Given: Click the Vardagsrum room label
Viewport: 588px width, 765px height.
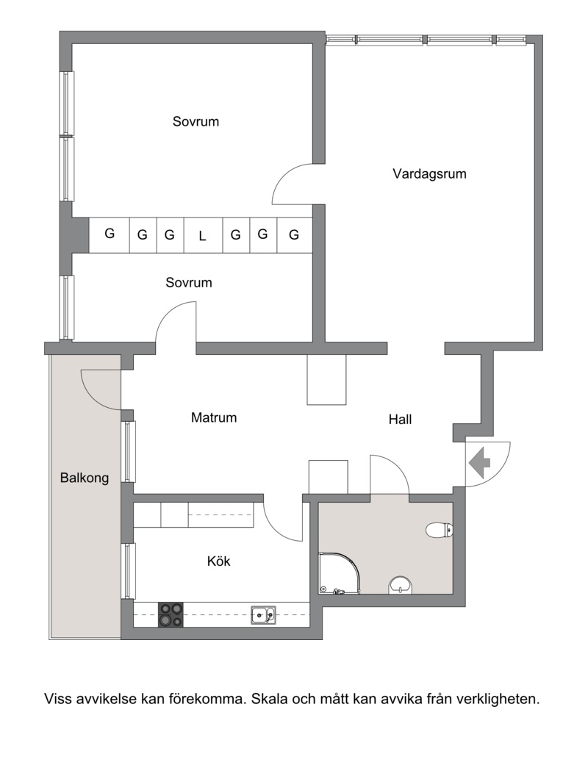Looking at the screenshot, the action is tap(429, 174).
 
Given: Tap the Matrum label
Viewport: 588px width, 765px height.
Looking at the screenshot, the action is tap(214, 417).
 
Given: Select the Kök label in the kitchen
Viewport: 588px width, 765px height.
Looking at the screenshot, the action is tap(218, 561).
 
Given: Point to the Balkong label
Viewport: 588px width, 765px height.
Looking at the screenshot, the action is tap(85, 478).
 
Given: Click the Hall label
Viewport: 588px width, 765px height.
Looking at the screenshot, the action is tap(400, 420).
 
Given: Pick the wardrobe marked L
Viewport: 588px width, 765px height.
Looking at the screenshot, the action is tap(203, 235).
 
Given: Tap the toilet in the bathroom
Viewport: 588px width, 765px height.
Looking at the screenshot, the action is tap(440, 530).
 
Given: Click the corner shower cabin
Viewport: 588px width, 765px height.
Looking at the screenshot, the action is tap(339, 572).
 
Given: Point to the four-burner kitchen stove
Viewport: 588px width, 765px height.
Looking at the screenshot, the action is tap(171, 615).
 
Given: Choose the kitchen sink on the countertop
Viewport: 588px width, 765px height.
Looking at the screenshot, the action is tap(263, 615).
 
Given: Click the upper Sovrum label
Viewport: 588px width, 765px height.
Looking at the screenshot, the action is tap(196, 121).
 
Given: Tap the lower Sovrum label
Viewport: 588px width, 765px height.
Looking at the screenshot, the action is tap(189, 282).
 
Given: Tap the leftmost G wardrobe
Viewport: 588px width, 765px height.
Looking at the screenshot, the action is tap(110, 235).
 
